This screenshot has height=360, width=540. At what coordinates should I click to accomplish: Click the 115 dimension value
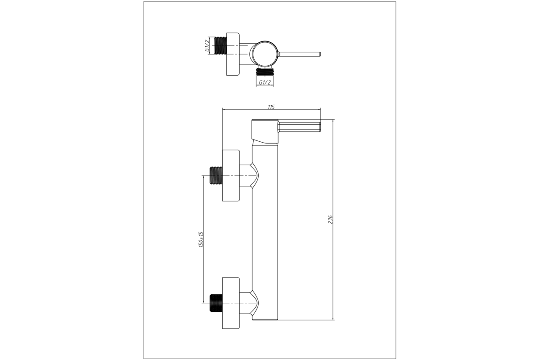click(271, 107)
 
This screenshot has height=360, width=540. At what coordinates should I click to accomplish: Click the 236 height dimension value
click(330, 220)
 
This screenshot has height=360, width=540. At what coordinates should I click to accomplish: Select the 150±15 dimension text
click(201, 239)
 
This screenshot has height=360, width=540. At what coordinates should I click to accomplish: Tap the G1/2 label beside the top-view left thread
click(207, 46)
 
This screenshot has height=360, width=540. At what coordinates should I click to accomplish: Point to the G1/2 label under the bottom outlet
click(265, 82)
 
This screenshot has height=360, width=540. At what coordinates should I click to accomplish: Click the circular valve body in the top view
click(265, 54)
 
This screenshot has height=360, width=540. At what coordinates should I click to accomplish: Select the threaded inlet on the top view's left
click(220, 45)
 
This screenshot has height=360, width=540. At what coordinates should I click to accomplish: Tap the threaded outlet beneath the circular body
click(265, 71)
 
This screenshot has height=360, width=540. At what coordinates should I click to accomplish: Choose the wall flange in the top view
click(233, 54)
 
